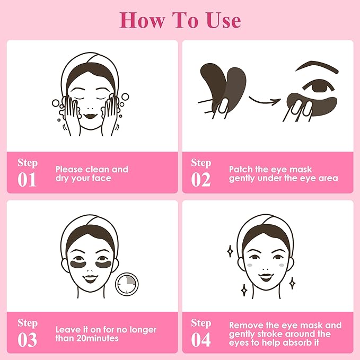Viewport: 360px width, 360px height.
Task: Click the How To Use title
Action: click(x=180, y=20)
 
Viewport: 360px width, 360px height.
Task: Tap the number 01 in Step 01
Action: click(x=27, y=180)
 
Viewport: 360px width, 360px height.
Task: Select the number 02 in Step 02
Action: click(x=201, y=180)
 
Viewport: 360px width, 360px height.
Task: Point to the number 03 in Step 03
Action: click(x=27, y=339)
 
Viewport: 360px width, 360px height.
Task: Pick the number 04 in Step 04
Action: click(x=201, y=339)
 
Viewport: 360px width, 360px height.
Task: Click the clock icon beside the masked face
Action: click(x=126, y=285)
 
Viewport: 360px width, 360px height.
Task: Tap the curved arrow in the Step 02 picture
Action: click(x=264, y=99)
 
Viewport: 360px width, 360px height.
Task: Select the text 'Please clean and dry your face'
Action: click(x=91, y=174)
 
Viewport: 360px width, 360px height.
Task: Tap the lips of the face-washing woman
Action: click(x=90, y=113)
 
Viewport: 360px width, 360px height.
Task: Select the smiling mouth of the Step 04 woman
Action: click(x=265, y=278)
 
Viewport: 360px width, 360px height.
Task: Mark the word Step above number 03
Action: click(x=27, y=323)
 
